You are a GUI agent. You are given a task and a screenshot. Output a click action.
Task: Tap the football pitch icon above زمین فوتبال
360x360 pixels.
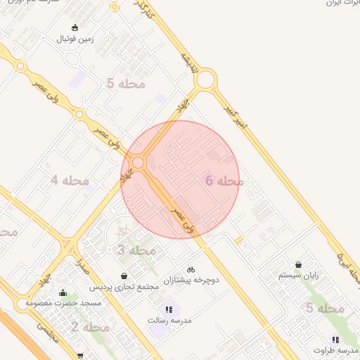tap(76, 28)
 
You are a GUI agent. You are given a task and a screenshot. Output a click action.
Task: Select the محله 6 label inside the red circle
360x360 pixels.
tap(224, 181)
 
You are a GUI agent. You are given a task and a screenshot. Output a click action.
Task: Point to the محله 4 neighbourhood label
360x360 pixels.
tap(70, 181)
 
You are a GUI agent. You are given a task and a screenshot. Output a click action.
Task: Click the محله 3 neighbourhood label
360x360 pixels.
tap(136, 250)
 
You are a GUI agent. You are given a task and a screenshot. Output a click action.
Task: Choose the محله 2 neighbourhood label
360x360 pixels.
tap(90, 327)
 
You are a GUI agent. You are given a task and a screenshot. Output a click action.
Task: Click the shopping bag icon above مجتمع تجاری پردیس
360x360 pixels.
tap(124, 276)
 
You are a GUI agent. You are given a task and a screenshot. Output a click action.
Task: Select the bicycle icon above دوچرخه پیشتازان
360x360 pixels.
tap(191, 269)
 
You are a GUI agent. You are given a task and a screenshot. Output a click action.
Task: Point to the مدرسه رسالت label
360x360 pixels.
tap(167, 321)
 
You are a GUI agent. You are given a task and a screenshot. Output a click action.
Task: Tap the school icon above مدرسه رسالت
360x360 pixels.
tap(168, 309)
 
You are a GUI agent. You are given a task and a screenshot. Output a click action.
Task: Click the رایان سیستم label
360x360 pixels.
tap(298, 276)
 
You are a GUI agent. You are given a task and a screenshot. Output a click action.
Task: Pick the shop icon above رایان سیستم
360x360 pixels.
tap(299, 264)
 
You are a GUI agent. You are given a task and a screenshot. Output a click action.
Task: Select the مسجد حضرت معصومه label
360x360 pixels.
tap(63, 303)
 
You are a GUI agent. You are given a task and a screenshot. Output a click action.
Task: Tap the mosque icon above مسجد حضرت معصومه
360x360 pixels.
tap(63, 292)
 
